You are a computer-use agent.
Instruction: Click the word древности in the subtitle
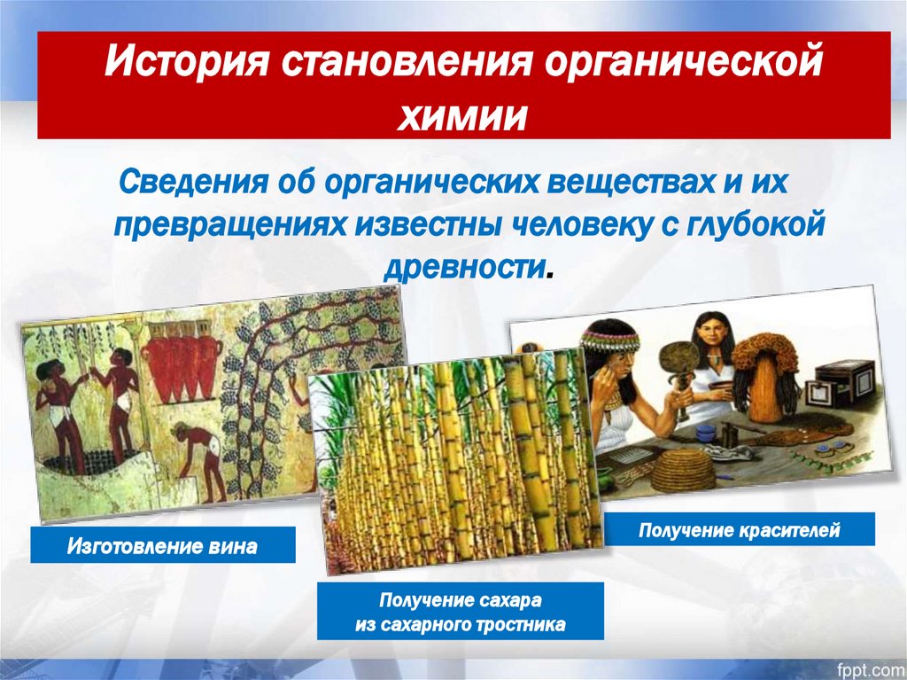[464, 268]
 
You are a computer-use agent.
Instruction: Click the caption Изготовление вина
[162, 545]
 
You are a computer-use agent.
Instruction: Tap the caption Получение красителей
[739, 530]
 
